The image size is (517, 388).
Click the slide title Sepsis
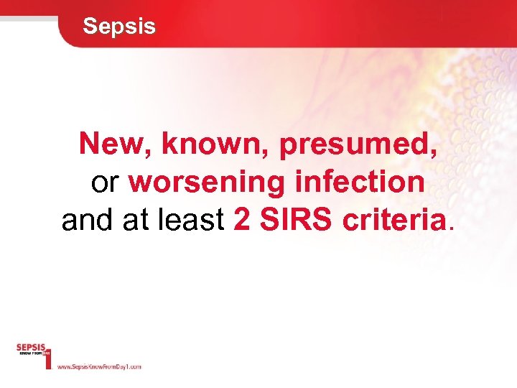click(118, 27)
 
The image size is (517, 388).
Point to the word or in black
click(105, 183)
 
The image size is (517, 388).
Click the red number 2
click(242, 221)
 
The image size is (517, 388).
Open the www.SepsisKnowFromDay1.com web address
click(98, 366)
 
